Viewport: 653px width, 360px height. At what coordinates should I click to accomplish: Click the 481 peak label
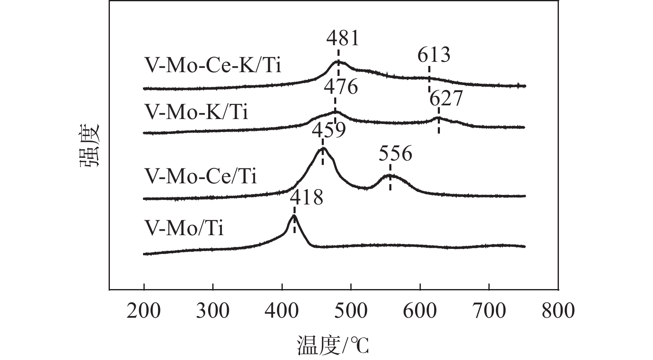[342, 39]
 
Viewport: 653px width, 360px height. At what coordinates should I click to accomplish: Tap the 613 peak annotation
[434, 55]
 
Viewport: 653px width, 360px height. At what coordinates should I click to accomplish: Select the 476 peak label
[340, 88]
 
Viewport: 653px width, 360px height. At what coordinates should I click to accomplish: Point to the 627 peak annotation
[446, 100]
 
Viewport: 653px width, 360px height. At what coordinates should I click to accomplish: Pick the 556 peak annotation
[396, 154]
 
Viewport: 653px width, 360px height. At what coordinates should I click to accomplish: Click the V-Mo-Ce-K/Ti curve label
[213, 66]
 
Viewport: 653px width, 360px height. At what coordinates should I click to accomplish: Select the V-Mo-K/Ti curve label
[196, 112]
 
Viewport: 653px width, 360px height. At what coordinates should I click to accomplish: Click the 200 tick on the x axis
[143, 310]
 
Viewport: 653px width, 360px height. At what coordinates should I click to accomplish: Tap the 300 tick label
[213, 310]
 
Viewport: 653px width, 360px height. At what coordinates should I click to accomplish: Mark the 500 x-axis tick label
[351, 310]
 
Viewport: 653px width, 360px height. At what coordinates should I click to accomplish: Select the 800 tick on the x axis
[558, 310]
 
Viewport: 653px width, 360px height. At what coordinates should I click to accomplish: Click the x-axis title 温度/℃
[332, 346]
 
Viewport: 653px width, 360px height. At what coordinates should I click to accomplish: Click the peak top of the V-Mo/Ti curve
[294, 216]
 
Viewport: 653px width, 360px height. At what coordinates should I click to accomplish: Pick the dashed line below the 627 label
[439, 122]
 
